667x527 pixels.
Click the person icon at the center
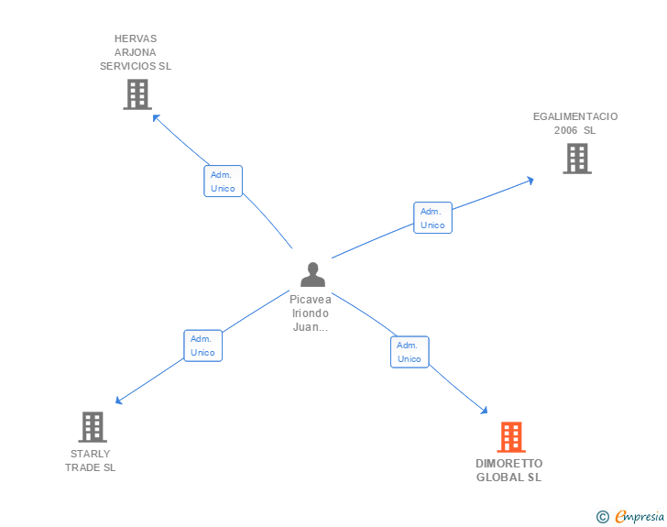coord(312,274)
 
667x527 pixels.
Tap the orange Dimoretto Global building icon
coord(510,437)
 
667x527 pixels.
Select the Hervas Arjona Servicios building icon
coord(137,94)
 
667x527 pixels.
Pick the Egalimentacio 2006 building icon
coord(576,159)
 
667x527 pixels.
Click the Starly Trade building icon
coord(92,427)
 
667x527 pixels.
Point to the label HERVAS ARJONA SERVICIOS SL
coord(136,52)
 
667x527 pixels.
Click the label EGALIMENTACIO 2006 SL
coord(575,123)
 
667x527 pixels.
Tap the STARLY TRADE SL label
coord(90,460)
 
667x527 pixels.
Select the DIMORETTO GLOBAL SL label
coord(508,470)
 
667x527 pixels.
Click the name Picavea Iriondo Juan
coord(311,313)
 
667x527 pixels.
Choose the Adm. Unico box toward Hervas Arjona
coord(223,181)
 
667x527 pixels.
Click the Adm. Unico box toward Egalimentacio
coord(432,218)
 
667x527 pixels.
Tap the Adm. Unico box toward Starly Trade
coord(202,346)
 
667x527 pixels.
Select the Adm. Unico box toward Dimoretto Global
coord(410,352)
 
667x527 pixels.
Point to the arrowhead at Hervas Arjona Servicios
coord(155,116)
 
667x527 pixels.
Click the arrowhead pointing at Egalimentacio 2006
coord(530,180)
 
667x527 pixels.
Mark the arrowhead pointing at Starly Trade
coord(118,401)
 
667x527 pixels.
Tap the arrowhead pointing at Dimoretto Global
coord(486,412)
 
